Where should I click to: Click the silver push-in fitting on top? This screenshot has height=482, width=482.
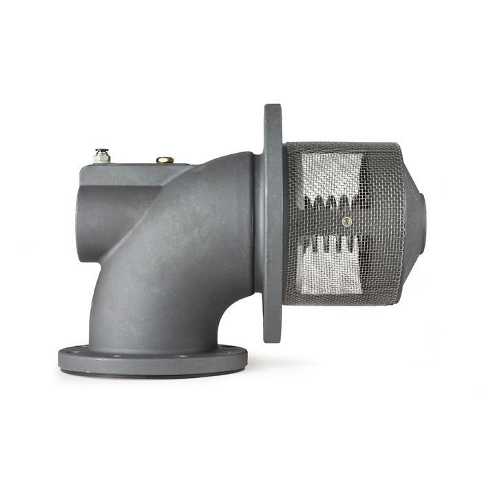point(102,158)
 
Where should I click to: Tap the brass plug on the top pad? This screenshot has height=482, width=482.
point(165,160)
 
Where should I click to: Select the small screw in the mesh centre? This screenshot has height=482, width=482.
point(347,221)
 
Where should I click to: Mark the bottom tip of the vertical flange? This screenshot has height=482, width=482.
point(273,337)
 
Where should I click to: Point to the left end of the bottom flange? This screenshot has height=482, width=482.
point(62,358)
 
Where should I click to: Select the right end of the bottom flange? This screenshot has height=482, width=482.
point(244,358)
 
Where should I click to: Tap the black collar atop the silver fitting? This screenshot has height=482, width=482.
point(101,149)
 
